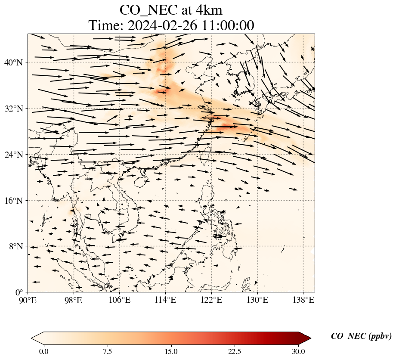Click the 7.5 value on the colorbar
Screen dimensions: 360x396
click(107, 351)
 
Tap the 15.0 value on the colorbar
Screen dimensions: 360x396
click(171, 351)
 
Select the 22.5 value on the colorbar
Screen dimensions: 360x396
click(235, 351)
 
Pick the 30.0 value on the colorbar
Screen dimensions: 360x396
click(298, 351)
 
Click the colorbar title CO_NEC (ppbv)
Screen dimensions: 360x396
click(361, 336)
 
